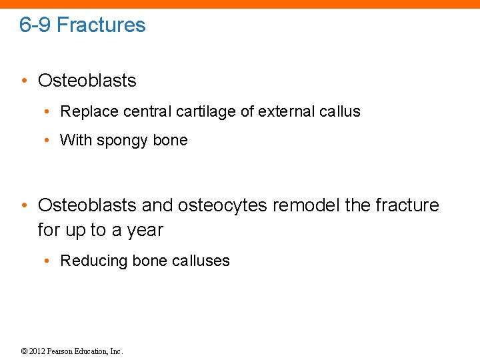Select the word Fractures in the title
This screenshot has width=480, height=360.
click(101, 25)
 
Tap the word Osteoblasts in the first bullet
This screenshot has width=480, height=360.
click(87, 81)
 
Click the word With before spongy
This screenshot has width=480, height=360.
click(76, 141)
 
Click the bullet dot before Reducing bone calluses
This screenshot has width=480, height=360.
click(51, 261)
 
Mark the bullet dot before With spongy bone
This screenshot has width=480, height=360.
click(51, 141)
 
